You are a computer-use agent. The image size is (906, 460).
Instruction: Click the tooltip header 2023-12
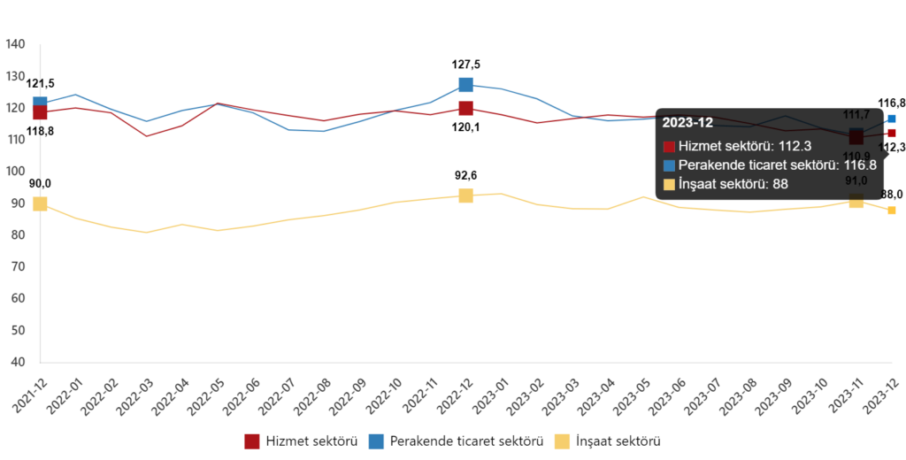(x=687, y=123)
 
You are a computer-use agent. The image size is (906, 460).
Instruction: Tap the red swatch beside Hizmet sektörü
(x=669, y=147)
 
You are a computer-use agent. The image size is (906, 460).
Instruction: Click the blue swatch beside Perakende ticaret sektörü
(x=669, y=165)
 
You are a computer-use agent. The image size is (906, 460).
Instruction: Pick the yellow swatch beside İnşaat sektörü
(x=669, y=184)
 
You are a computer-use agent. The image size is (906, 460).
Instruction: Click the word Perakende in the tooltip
(x=708, y=165)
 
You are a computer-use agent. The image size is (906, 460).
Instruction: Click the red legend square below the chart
(x=252, y=441)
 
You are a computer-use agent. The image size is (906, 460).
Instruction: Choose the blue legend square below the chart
(x=377, y=441)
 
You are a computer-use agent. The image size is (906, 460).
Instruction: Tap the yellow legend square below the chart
(x=562, y=441)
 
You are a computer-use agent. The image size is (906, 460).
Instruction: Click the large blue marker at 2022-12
(x=466, y=85)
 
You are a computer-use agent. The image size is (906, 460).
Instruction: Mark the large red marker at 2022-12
(x=466, y=109)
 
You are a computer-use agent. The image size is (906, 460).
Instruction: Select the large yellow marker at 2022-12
(x=466, y=195)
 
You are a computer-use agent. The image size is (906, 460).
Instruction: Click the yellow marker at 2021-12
(x=40, y=203)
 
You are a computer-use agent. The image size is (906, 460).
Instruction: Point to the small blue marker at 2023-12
(x=892, y=119)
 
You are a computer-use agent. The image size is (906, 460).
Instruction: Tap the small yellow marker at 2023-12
(x=892, y=211)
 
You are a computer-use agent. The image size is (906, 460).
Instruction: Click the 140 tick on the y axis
(x=17, y=44)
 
